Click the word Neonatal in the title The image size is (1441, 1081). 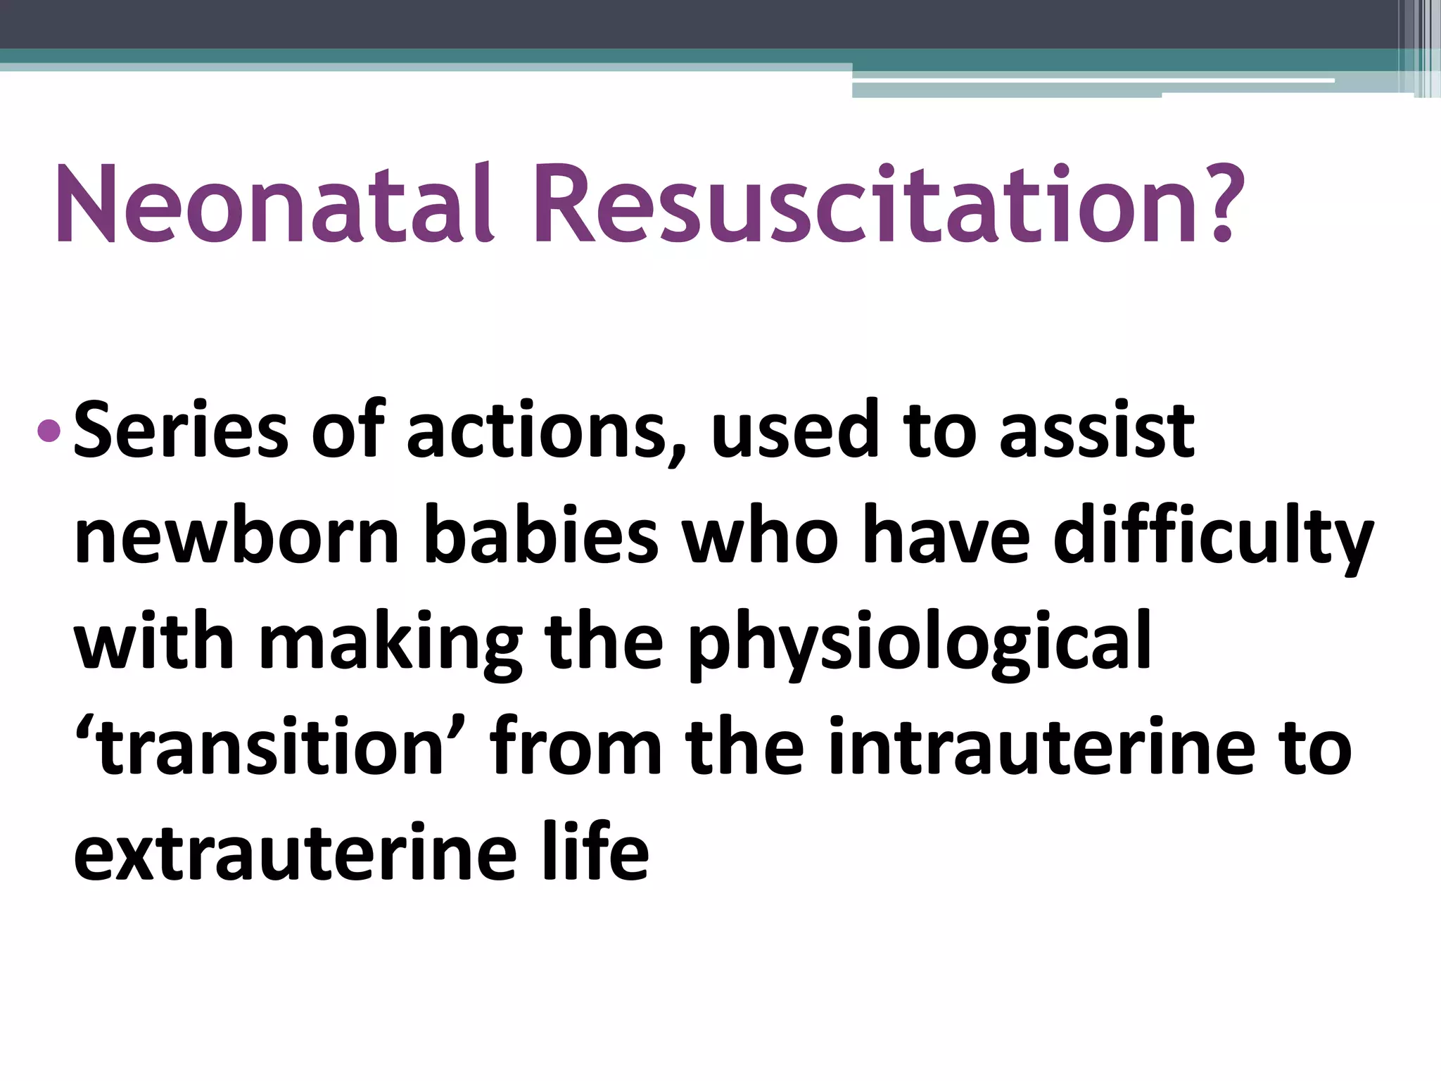(x=274, y=205)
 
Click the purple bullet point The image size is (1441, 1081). (x=49, y=429)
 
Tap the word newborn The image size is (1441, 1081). (x=236, y=536)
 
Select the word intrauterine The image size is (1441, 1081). (x=1041, y=747)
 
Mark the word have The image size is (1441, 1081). (x=946, y=536)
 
